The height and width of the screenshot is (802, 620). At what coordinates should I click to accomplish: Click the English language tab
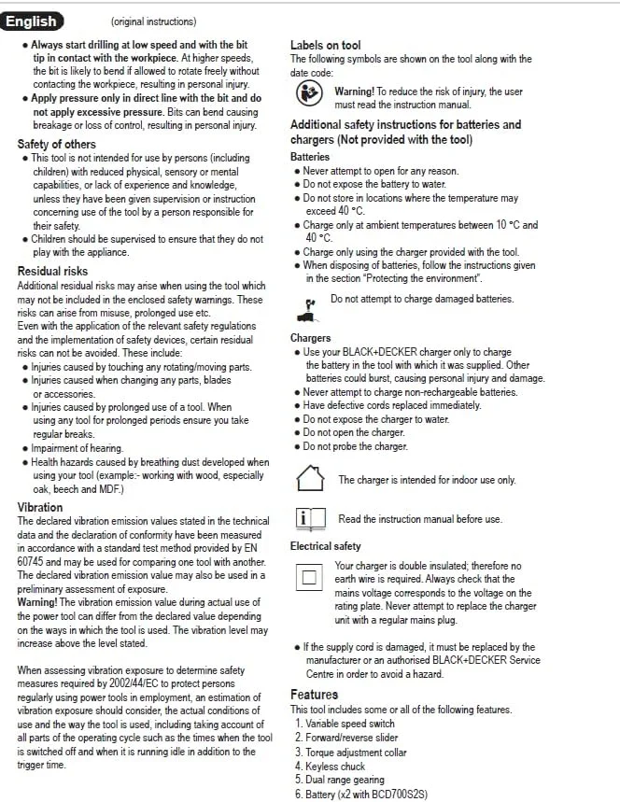tap(33, 21)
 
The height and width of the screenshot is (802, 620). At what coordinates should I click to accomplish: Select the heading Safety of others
tap(56, 144)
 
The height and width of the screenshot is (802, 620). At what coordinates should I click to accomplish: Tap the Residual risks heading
tap(52, 272)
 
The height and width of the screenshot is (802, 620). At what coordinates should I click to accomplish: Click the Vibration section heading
tap(40, 507)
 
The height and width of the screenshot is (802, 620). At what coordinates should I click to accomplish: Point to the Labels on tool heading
tap(325, 45)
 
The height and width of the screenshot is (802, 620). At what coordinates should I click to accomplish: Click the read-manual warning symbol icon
tap(308, 93)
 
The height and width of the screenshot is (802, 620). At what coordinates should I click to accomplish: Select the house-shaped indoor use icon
tap(309, 478)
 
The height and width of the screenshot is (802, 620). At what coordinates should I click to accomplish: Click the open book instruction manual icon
tap(309, 518)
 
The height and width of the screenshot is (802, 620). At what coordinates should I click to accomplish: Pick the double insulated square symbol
tap(309, 579)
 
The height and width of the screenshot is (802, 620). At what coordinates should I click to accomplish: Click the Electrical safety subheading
tap(325, 546)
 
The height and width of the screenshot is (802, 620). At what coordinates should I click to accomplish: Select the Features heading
tap(314, 695)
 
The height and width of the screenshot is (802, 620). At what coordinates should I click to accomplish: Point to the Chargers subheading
tap(310, 338)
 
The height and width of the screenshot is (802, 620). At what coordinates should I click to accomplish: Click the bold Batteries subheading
tap(310, 157)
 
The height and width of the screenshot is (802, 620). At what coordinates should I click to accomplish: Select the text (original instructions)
tap(153, 21)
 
